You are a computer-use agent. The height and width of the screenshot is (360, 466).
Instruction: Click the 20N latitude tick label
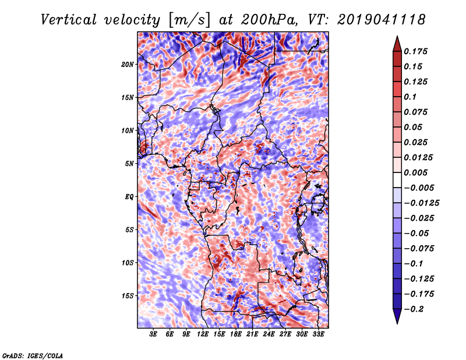(x=127, y=64)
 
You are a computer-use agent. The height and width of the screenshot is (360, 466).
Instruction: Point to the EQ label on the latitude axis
(x=129, y=196)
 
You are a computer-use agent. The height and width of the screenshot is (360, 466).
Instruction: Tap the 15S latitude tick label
(x=128, y=296)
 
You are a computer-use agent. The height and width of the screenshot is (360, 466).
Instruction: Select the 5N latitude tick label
(x=129, y=164)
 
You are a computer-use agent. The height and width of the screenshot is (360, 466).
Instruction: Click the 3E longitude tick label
(x=153, y=334)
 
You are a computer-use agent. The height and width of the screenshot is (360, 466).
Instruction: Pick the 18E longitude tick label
(x=236, y=334)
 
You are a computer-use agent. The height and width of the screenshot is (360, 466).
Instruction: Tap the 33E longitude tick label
(x=318, y=334)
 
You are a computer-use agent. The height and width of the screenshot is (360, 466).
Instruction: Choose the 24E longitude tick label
(x=269, y=334)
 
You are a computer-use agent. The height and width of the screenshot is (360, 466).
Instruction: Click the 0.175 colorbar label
(x=416, y=51)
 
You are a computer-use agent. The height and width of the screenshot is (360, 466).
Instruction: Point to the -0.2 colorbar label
(x=414, y=309)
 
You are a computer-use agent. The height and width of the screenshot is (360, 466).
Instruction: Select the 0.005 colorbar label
(x=416, y=172)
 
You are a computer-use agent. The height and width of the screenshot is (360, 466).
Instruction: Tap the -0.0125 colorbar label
(x=421, y=203)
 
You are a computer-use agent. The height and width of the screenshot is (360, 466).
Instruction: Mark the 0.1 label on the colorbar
(x=410, y=97)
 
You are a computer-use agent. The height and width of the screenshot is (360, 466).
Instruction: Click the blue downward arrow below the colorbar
(x=397, y=316)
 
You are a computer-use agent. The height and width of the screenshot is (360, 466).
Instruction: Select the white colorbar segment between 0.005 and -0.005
(x=397, y=180)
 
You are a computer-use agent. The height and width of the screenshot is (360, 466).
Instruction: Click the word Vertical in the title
(x=68, y=20)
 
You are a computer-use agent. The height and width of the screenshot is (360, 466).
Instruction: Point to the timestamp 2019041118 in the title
(x=382, y=20)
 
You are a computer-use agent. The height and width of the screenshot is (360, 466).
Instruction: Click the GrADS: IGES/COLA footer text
(x=33, y=356)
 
